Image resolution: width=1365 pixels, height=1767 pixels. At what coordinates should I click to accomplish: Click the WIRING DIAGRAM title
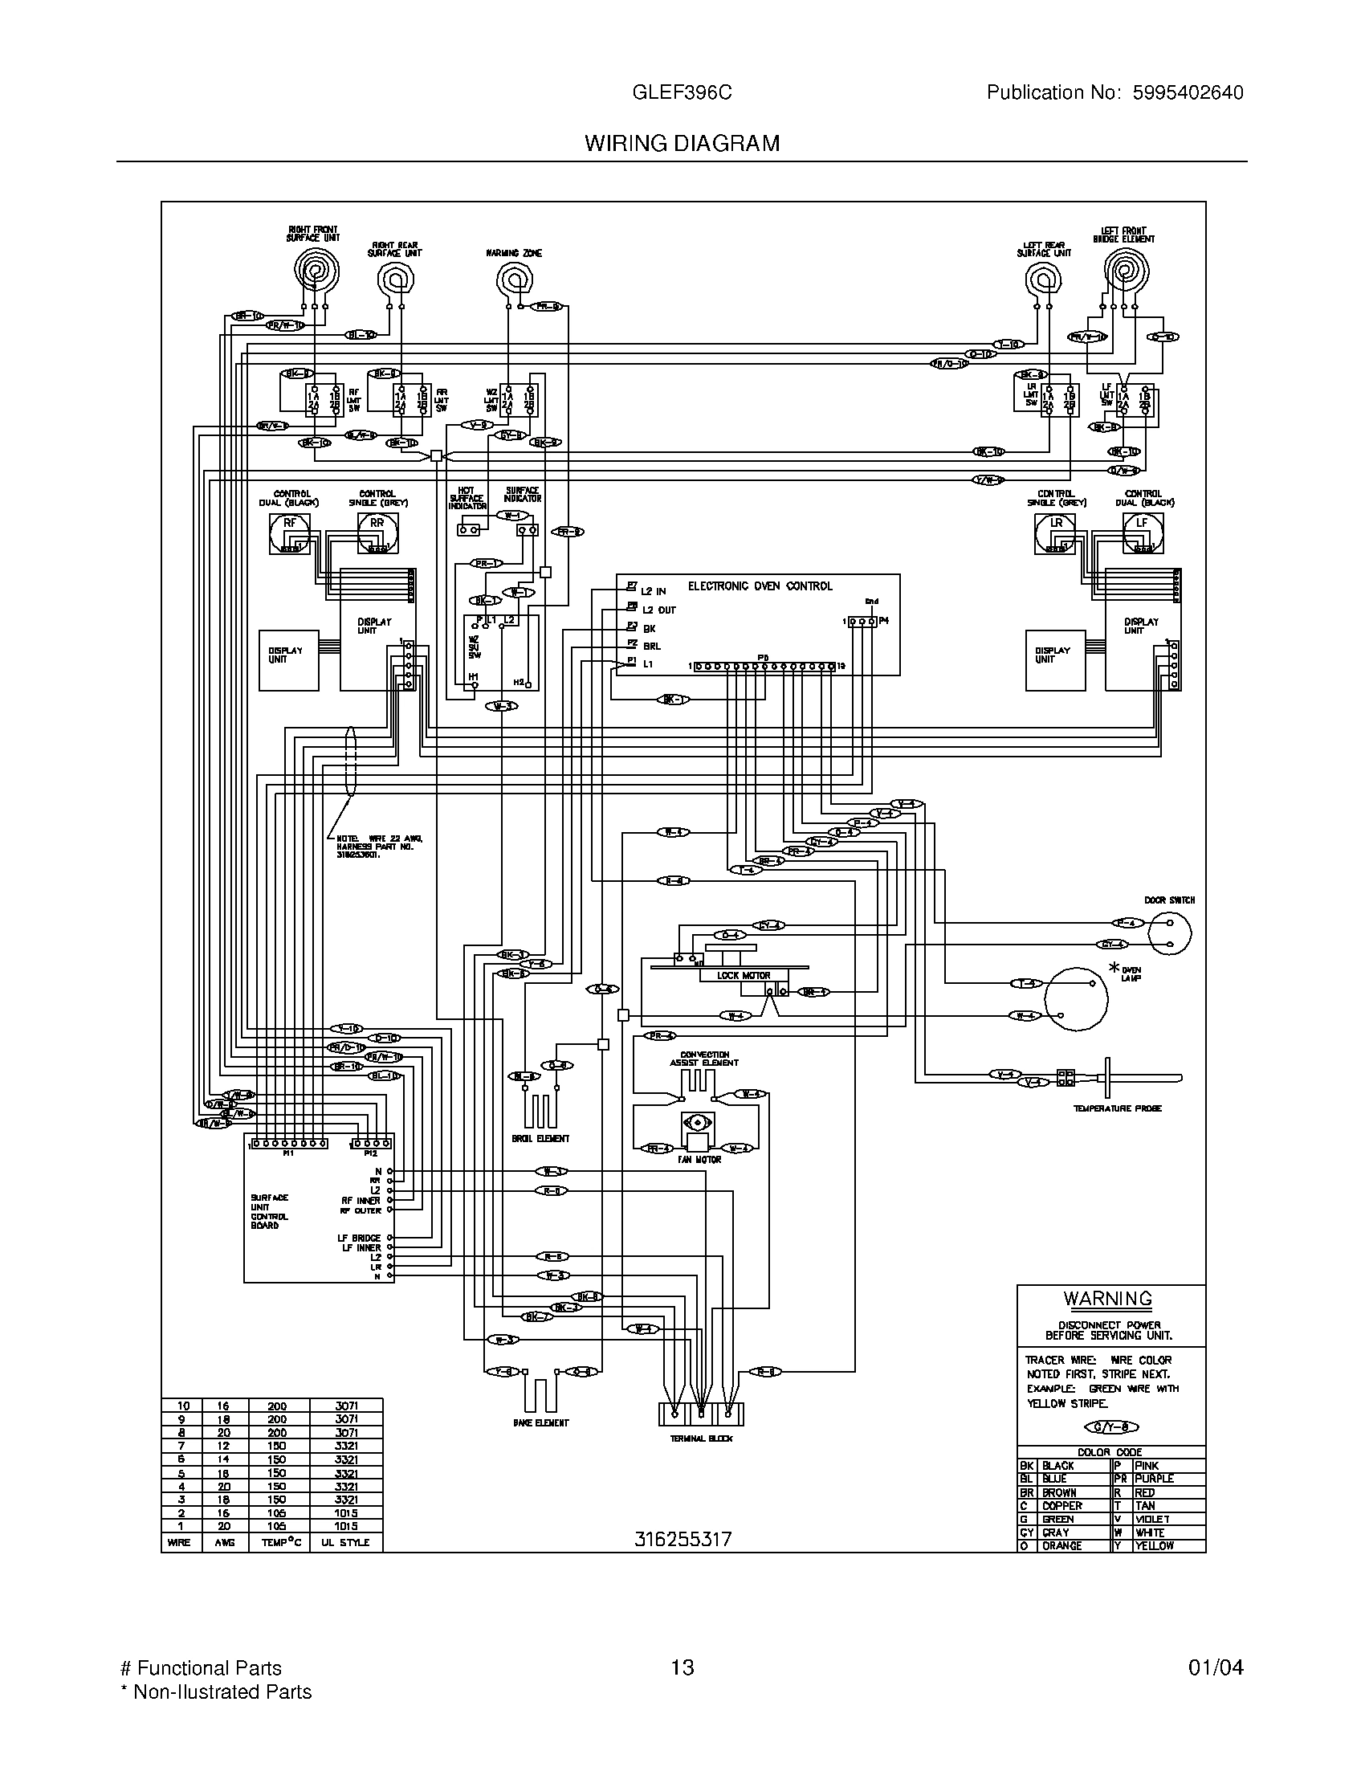682,143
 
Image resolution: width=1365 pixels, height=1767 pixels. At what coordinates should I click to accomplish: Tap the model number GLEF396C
682,93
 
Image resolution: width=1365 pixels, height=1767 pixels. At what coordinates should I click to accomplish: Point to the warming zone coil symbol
514,281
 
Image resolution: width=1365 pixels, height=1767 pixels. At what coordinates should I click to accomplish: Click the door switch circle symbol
1169,933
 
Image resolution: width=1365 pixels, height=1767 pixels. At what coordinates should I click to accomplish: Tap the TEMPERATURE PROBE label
1117,1108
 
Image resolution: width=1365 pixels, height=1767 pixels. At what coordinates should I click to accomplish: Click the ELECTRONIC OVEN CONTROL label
760,586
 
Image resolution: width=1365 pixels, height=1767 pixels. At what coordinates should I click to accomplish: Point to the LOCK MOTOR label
744,975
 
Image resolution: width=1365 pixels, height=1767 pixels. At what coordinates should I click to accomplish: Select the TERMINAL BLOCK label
701,1438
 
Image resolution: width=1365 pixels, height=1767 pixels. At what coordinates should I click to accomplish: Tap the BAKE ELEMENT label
541,1422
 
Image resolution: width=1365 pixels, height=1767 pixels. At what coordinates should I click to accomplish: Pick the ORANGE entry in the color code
1061,1545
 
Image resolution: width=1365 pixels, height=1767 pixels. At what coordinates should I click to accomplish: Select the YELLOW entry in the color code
1155,1545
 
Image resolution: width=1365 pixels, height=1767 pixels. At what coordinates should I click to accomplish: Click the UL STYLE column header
345,1542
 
